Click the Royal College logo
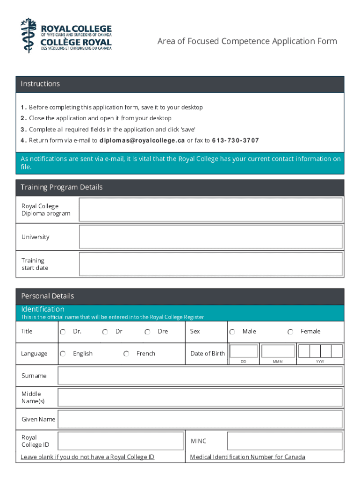pos(66,35)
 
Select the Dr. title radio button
pos(63,332)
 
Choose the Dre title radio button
pos(147,332)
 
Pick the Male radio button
pos(232,332)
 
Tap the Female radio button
pos(290,332)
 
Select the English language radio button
pos(63,354)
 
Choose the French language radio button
pos(126,354)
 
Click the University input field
pos(211,237)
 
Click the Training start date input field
pos(211,264)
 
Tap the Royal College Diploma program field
pos(211,210)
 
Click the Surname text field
pos(200,376)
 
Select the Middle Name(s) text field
pos(200,398)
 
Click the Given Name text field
pos(200,419)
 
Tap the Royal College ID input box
pos(121,441)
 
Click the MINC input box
pos(285,441)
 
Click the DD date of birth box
pos(244,351)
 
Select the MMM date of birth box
pos(278,351)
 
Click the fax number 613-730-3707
pos(235,141)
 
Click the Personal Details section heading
pos(48,296)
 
